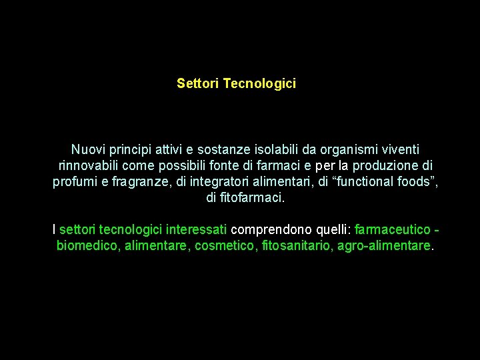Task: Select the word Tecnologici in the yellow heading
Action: click(260, 84)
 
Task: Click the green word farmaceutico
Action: click(393, 230)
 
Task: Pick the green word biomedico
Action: click(87, 246)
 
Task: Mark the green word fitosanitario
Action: click(297, 246)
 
